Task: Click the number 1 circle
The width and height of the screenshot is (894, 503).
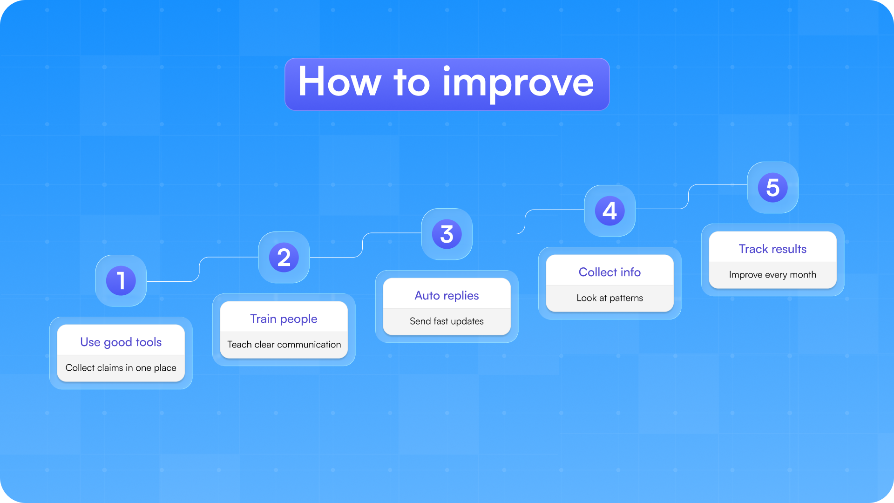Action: click(x=121, y=281)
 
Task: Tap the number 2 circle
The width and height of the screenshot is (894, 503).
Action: click(x=284, y=258)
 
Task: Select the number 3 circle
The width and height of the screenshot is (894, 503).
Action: click(x=447, y=234)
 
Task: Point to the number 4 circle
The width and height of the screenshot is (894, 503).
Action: click(x=610, y=211)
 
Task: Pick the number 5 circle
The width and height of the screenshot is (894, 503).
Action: click(x=773, y=188)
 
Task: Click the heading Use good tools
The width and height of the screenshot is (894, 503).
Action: click(x=121, y=342)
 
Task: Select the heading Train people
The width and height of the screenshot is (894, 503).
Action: click(x=284, y=319)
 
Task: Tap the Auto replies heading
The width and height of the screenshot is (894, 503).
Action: click(x=447, y=296)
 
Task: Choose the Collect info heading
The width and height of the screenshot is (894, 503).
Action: click(x=610, y=272)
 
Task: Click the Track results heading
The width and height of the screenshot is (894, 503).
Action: click(x=772, y=249)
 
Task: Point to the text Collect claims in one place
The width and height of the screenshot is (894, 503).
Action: click(x=121, y=368)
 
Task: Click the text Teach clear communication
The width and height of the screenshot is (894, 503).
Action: click(x=284, y=345)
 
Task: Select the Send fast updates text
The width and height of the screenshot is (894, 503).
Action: click(x=447, y=321)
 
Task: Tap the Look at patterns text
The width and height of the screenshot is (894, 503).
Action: click(x=610, y=298)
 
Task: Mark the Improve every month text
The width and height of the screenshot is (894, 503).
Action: click(x=772, y=275)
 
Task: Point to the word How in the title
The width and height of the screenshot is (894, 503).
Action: click(x=339, y=82)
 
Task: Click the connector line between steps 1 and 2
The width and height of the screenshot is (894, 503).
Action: click(x=200, y=269)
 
